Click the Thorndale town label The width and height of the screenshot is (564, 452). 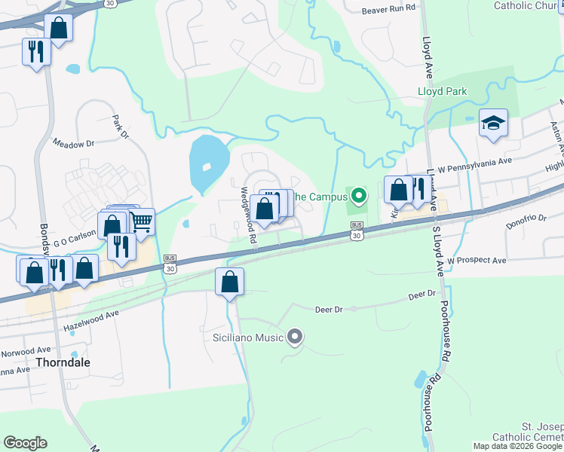[x=64, y=362]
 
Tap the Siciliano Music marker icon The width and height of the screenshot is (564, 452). [x=295, y=337]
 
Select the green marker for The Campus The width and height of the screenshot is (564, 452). [x=359, y=197]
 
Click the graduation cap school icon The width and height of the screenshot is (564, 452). [x=493, y=122]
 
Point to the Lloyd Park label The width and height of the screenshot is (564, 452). [x=443, y=92]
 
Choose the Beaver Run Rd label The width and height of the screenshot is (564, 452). [x=388, y=9]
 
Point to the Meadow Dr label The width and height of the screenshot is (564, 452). [x=73, y=142]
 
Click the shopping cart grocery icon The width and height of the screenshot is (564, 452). [x=141, y=221]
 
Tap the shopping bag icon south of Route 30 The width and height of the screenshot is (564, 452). [x=229, y=282]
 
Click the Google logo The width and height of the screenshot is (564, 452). [x=25, y=443]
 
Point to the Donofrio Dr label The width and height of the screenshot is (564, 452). [x=526, y=218]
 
